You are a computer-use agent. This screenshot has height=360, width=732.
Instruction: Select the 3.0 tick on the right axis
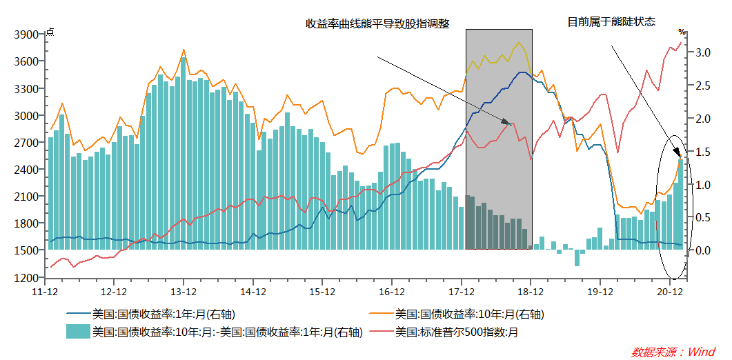pyautogui.click(x=702, y=52)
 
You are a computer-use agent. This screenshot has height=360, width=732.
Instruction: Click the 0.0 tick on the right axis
pyautogui.click(x=702, y=250)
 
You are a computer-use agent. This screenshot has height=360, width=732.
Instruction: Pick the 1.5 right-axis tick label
pyautogui.click(x=702, y=151)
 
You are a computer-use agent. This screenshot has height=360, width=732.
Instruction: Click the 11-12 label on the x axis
pyautogui.click(x=45, y=292)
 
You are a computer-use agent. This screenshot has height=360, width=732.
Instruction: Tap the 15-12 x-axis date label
pyautogui.click(x=322, y=292)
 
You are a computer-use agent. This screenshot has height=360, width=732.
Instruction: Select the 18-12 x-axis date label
pyautogui.click(x=531, y=292)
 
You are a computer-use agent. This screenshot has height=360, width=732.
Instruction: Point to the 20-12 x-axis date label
pyautogui.click(x=670, y=292)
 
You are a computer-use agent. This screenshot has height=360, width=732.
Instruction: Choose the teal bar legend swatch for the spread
pyautogui.click(x=78, y=332)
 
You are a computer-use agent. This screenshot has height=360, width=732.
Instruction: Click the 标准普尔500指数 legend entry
pyautogui.click(x=456, y=332)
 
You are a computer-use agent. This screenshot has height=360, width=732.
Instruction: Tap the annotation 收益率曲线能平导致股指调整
pyautogui.click(x=377, y=24)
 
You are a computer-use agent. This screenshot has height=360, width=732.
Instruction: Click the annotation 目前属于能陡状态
pyautogui.click(x=611, y=22)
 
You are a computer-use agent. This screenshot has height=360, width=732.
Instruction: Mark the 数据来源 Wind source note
pyautogui.click(x=673, y=352)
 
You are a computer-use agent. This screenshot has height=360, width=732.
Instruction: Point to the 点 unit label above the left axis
pyautogui.click(x=50, y=32)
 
